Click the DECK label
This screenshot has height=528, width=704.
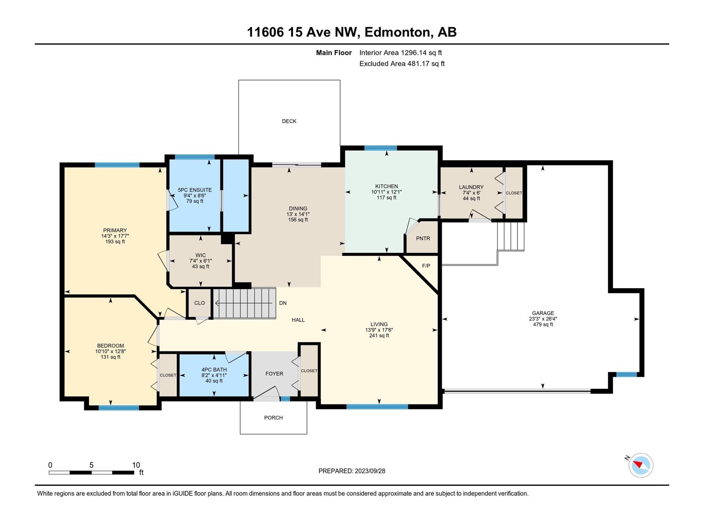289,121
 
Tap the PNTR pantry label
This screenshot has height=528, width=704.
423,238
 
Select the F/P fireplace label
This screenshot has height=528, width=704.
426,266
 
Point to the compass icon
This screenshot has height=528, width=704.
641,465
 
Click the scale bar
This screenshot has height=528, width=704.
92,473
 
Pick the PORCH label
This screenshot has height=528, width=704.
273,418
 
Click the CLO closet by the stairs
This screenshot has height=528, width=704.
199,303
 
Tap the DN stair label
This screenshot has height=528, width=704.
283,303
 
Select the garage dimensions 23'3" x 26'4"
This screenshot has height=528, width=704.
543,319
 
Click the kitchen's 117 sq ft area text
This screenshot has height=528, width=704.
386,198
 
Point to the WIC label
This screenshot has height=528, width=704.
201,256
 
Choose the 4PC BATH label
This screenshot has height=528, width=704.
214,370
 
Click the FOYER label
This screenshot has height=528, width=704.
274,374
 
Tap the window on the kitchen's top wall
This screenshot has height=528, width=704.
381,148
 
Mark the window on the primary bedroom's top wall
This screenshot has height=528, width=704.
117,165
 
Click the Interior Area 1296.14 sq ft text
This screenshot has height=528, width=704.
400,52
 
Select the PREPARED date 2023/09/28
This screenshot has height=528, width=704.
370,471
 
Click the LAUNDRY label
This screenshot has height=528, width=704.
471,187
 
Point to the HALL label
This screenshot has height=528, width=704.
298,320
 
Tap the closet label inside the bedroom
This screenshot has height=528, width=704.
168,375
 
